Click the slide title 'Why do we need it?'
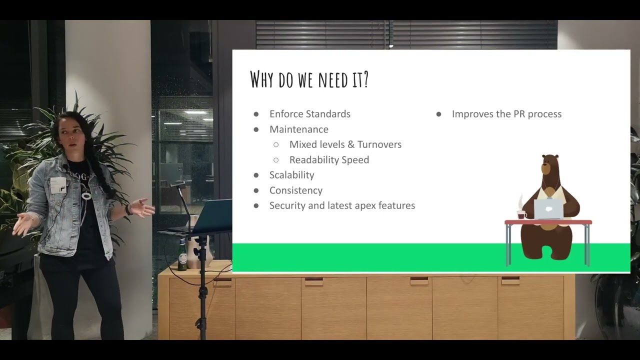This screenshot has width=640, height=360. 309,79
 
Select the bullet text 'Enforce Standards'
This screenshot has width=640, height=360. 309,114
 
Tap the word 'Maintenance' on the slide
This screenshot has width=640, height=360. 298,129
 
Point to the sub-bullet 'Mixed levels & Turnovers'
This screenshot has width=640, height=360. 345,144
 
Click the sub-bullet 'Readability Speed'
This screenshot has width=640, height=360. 329,160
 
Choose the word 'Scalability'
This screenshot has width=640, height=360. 291,175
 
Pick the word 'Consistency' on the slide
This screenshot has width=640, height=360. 295,190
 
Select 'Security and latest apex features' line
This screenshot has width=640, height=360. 342,205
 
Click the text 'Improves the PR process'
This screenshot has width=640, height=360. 506,114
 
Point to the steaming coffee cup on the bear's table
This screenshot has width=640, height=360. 521,214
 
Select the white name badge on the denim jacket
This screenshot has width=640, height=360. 58,184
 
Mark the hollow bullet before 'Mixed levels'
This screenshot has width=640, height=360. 276,144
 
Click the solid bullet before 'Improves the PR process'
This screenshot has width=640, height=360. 438,114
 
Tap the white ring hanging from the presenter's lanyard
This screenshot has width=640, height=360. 87,196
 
